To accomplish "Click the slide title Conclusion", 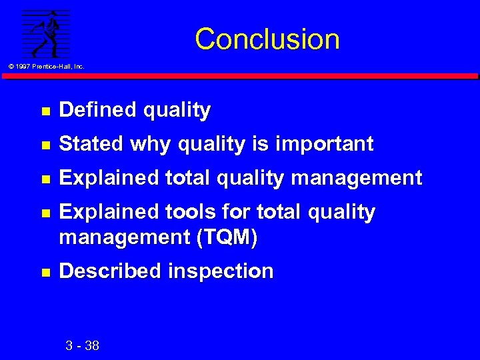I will tap(267, 39).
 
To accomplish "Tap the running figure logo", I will tap(45, 33).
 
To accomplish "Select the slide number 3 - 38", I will tap(83, 345).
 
